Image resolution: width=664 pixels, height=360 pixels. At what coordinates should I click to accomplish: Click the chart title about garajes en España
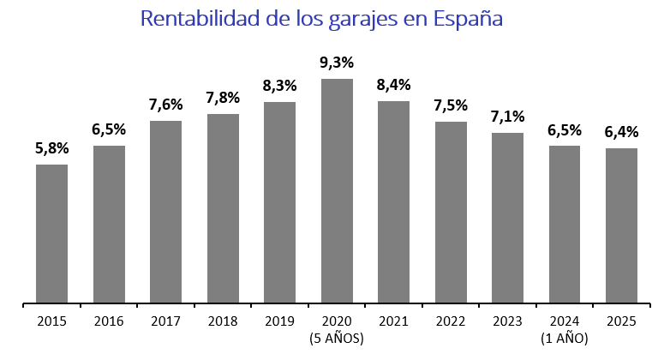pos(320,19)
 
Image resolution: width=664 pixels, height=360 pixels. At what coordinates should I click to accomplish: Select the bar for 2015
pos(51,233)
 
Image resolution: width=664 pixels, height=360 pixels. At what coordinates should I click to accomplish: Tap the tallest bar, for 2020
pos(337,190)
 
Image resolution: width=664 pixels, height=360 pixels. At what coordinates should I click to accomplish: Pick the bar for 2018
pos(223,208)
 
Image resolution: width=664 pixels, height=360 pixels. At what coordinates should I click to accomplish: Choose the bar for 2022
pos(451,212)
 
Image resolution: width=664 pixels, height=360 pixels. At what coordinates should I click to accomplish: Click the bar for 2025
pos(621,225)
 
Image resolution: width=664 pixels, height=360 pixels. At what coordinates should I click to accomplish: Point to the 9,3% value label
pos(337,63)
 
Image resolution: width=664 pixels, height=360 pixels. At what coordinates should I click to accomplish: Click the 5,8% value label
pos(51,148)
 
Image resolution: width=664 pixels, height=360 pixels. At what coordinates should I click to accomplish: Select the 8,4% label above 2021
pos(393,85)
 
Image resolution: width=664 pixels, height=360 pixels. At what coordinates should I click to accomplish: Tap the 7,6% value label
pos(165,105)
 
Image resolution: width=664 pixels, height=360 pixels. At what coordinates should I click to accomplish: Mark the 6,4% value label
pos(621,132)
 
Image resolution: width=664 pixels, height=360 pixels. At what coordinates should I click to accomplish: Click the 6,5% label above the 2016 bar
pos(109,129)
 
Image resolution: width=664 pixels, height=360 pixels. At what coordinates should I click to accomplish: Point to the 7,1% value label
pos(507,117)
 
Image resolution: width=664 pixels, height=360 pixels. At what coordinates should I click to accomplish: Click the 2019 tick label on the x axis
pos(279,321)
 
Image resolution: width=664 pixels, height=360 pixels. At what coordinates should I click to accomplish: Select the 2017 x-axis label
pos(165,321)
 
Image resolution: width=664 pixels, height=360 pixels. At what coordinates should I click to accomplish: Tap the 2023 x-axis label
pos(507,321)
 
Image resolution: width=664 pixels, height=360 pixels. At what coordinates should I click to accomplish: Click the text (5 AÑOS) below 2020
pos(337,339)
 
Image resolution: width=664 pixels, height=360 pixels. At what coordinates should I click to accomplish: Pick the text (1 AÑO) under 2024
pos(565,339)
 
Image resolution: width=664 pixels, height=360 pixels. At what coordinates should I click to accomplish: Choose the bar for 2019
pos(279,202)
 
